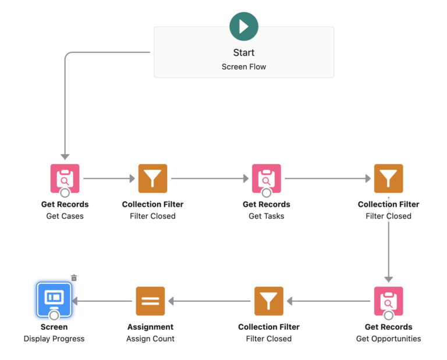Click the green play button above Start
point(244,27)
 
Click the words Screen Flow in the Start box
point(244,67)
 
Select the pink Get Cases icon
point(65,178)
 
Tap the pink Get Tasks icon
point(266,178)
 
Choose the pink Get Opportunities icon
point(388,301)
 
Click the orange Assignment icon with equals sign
point(150,301)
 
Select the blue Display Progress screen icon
point(54,299)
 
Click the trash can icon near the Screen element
point(74,278)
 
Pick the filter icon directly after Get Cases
point(152,178)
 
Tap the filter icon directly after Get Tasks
point(388,178)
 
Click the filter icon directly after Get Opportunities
point(268,301)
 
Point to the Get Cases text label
point(65,216)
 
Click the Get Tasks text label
point(266,216)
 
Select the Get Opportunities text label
point(388,339)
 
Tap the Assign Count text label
point(150,339)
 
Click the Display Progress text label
point(54,339)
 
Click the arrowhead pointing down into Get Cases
point(65,156)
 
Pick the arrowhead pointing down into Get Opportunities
point(388,279)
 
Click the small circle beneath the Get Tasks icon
point(266,193)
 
